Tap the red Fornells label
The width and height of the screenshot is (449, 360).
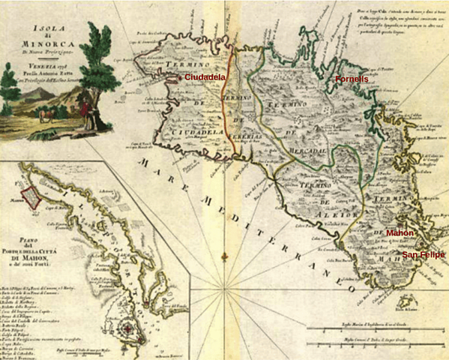352,79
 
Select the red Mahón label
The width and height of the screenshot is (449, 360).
400,233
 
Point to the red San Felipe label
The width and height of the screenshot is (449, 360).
424,255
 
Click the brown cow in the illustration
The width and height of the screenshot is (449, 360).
46,115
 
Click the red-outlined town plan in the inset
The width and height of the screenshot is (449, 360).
30,196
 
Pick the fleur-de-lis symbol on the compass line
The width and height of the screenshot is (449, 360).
224,259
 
